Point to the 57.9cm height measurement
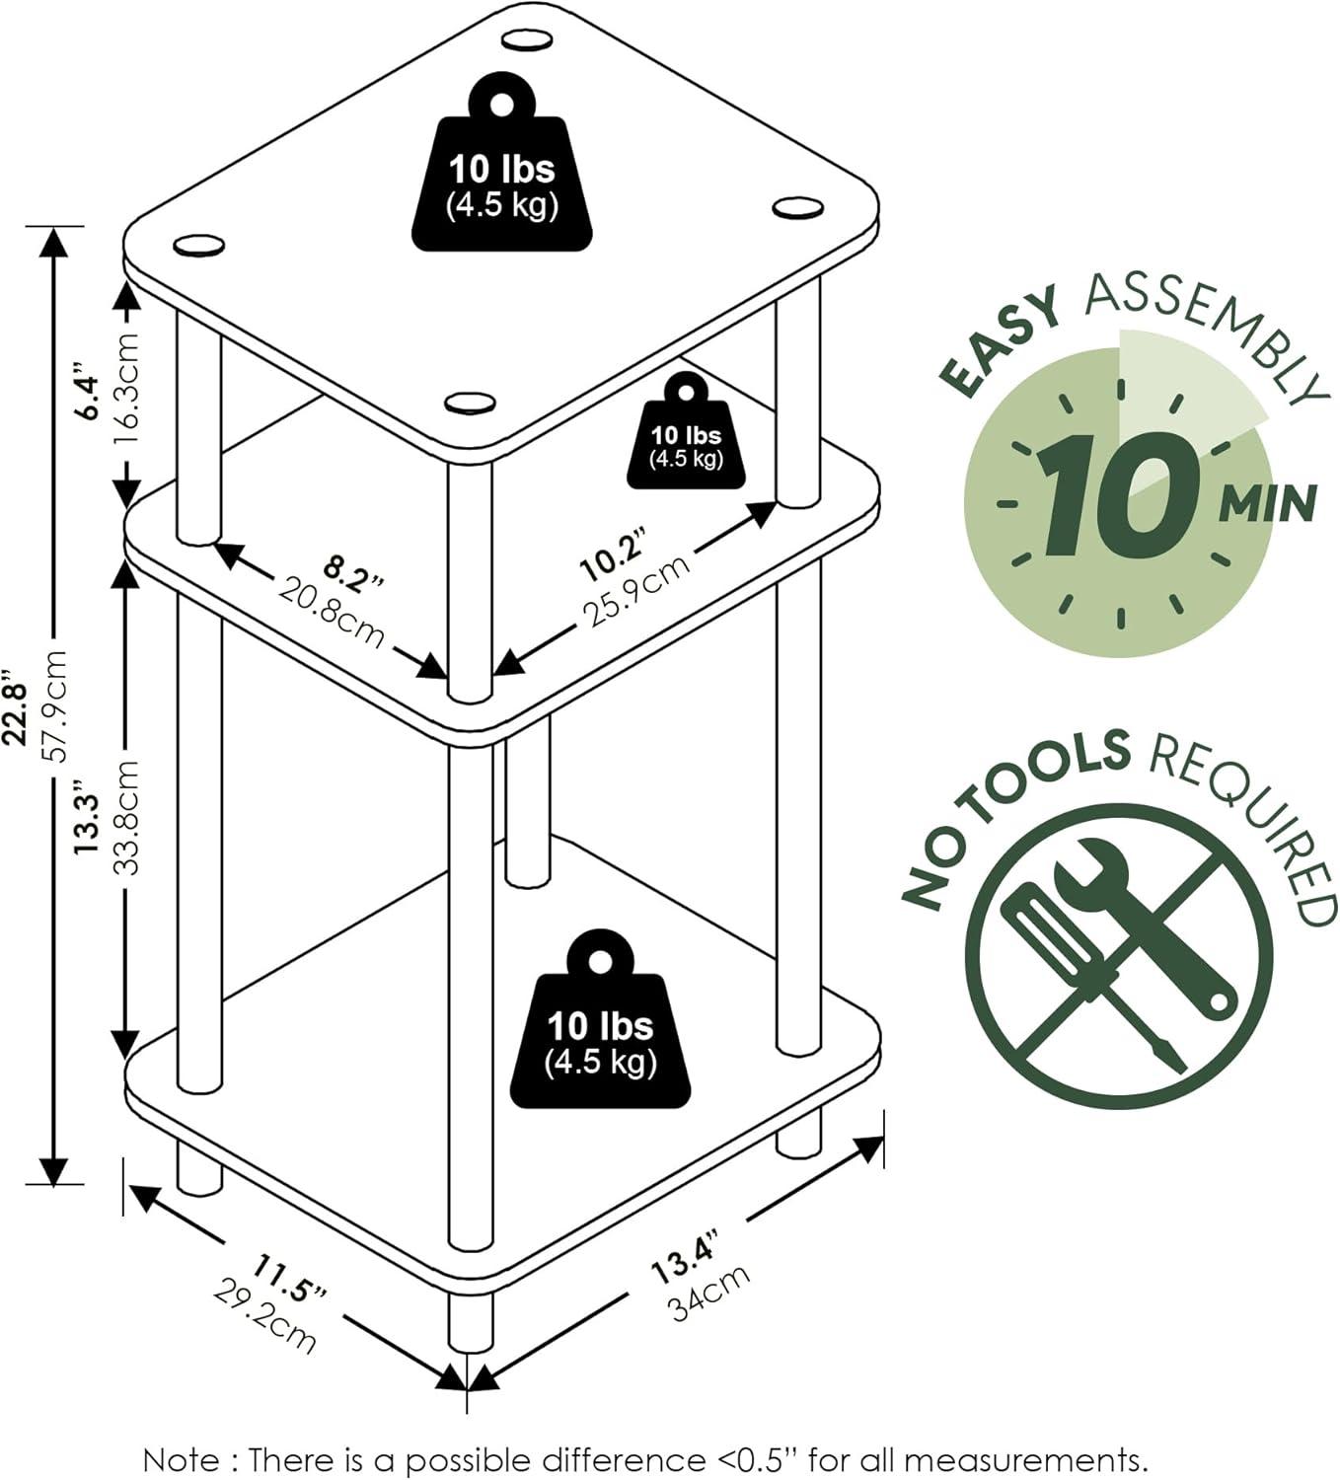tap(56, 706)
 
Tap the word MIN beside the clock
tap(1267, 503)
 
